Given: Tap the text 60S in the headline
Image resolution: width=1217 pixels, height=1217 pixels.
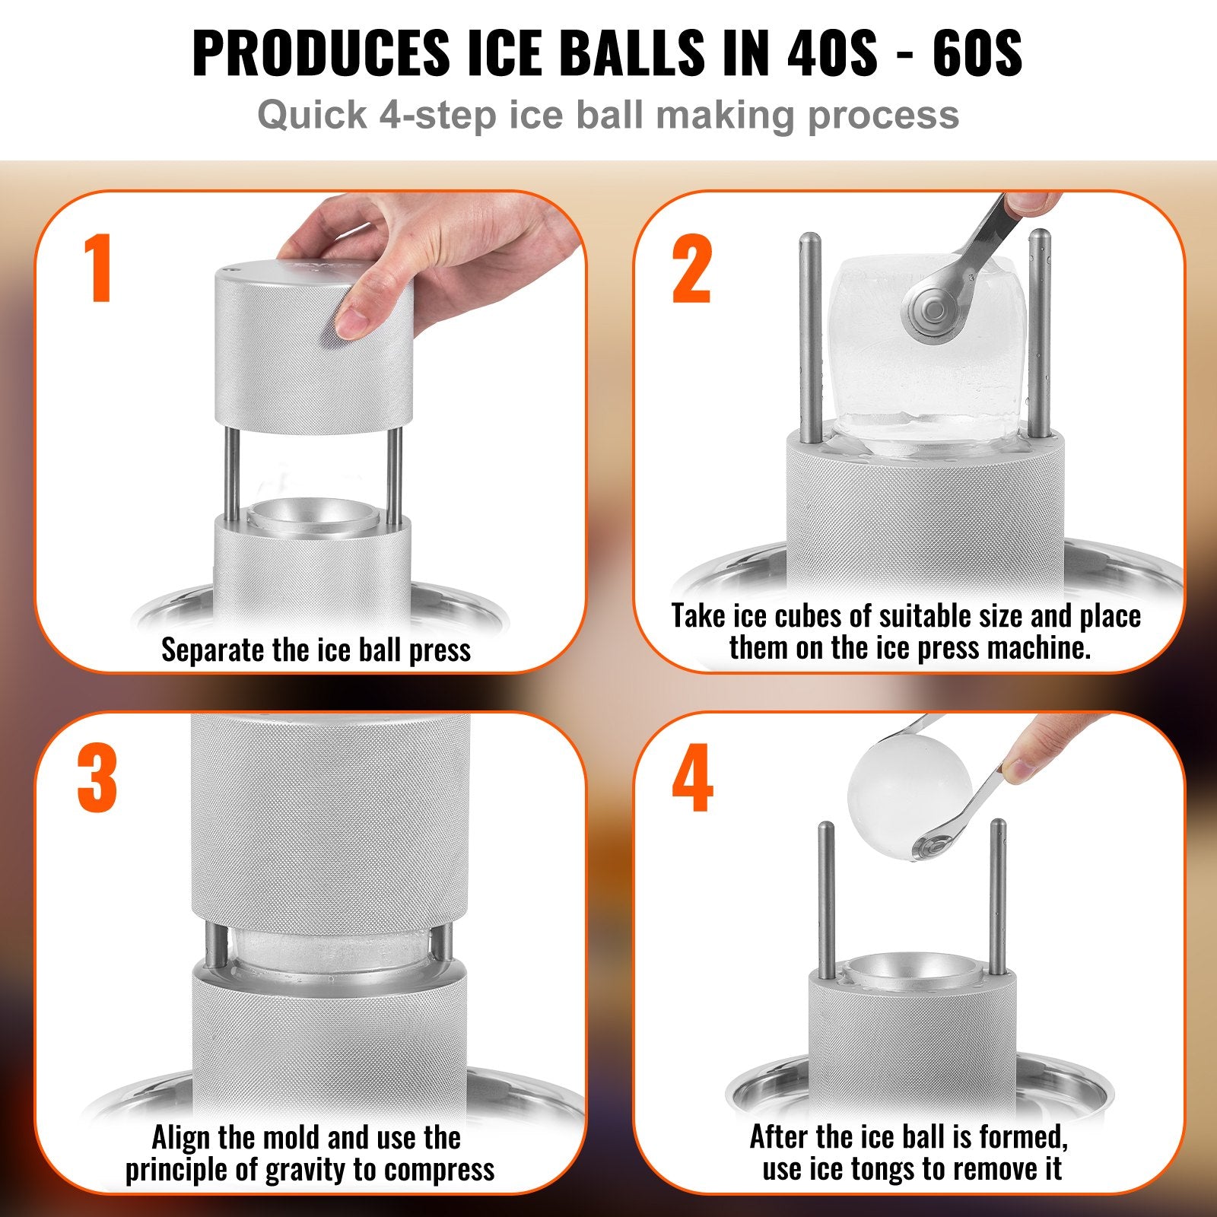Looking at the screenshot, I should click(977, 53).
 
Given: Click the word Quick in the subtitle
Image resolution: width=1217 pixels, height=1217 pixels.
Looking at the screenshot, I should click(312, 116).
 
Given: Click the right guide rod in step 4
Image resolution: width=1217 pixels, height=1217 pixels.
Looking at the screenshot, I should click(997, 898).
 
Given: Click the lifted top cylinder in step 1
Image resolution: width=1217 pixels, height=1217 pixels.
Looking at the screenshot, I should click(313, 350).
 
